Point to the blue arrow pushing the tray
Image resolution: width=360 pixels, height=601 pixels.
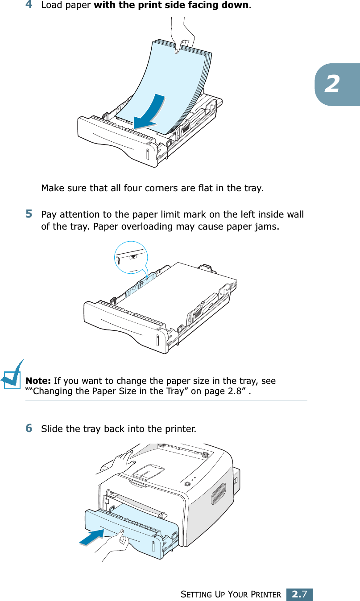tap(94, 537)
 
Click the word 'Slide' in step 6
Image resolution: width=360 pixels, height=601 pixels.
tap(51, 429)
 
